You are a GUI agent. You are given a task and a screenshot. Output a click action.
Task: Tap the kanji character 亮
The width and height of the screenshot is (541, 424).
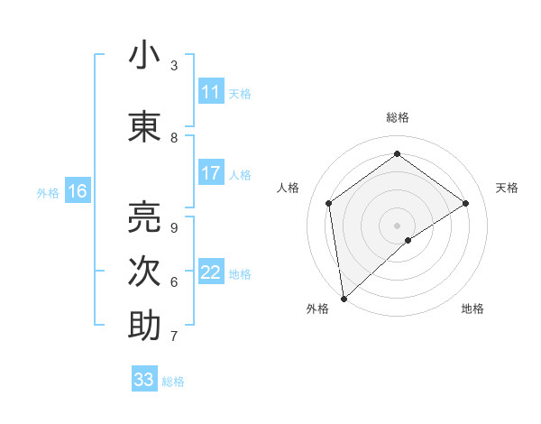144,216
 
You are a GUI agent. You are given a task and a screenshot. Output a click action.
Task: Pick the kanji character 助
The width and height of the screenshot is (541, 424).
144,326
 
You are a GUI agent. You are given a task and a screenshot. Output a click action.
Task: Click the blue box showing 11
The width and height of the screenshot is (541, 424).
211,93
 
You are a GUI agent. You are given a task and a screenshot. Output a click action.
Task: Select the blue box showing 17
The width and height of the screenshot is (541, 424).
211,174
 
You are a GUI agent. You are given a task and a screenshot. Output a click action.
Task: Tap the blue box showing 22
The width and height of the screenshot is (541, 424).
211,273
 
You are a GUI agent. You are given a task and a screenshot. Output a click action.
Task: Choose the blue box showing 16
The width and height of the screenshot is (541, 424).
77,191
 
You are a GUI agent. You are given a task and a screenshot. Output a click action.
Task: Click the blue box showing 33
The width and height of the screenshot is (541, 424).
144,380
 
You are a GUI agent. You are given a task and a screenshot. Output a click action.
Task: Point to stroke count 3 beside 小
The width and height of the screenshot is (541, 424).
174,66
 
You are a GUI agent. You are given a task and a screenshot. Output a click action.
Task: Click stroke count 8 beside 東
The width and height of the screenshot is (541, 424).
174,138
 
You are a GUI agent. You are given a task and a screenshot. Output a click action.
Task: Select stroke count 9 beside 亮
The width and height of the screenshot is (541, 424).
174,227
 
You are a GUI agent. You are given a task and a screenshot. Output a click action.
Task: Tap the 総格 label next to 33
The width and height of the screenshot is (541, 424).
173,382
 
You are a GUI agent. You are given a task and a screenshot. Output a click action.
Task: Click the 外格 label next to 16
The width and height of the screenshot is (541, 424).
48,192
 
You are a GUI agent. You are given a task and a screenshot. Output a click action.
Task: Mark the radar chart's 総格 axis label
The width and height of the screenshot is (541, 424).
398,117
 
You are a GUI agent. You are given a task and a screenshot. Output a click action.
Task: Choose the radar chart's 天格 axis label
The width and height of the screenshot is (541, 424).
507,188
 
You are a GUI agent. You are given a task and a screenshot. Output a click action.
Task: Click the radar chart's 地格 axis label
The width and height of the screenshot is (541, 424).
472,309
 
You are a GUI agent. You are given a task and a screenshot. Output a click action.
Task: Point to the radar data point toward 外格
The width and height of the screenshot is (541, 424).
344,298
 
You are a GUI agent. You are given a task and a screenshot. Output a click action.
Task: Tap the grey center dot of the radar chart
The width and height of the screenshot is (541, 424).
397,224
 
